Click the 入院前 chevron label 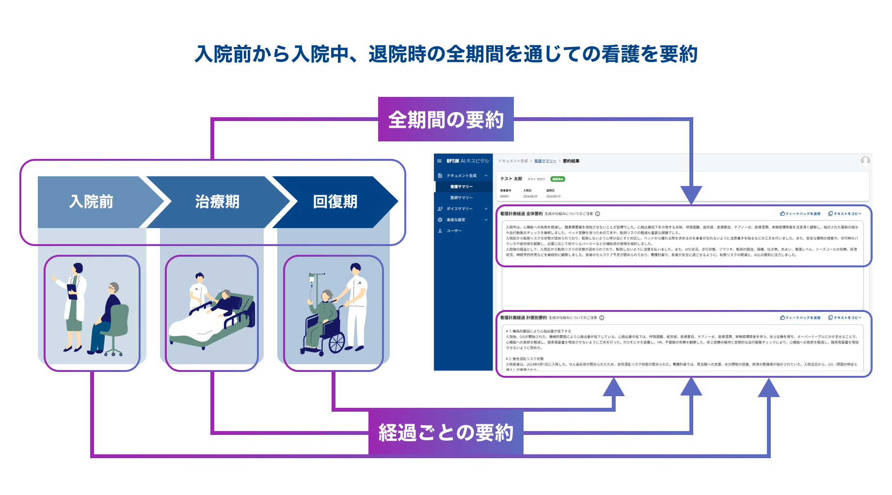[91, 201]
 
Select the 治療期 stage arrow [217, 201]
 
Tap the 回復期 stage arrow [335, 201]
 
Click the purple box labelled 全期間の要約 [446, 120]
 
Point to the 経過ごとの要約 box [446, 433]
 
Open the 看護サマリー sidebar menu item [461, 186]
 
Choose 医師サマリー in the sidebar [461, 198]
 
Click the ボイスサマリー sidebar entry [459, 209]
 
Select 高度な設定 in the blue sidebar [456, 220]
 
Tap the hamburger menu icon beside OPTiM [439, 161]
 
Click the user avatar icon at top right [865, 161]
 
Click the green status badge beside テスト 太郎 [557, 179]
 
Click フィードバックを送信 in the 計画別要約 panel [800, 318]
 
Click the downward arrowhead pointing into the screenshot [691, 195]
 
